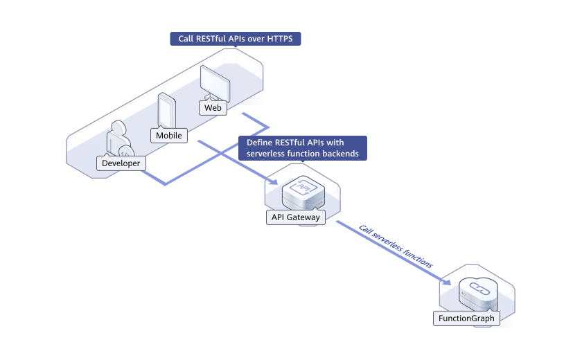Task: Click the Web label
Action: tap(213, 108)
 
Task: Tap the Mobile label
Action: tap(168, 136)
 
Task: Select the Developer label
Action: tap(121, 163)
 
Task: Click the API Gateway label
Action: tap(295, 217)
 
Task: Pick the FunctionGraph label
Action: tap(467, 318)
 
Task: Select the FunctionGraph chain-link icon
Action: tap(477, 289)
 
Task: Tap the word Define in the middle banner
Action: tap(259, 143)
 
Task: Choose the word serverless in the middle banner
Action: tap(267, 154)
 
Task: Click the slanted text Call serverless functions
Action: tap(396, 246)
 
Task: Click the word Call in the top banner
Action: tap(186, 39)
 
